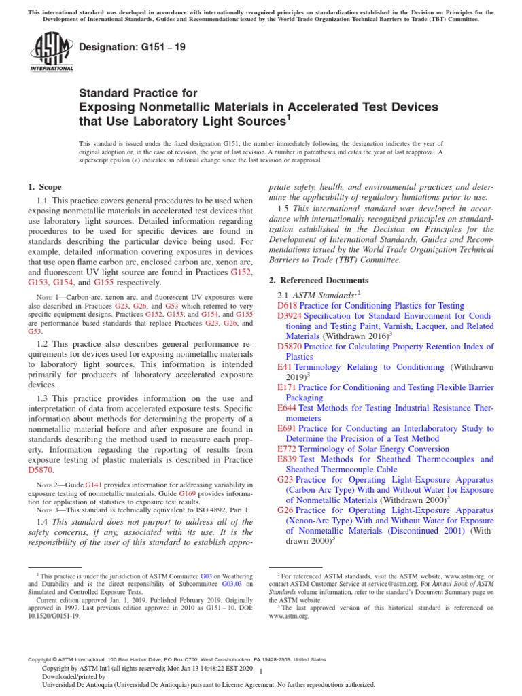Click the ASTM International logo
[52, 54]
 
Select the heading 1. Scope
[44, 187]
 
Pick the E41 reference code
[285, 367]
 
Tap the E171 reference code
[288, 387]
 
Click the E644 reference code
[288, 408]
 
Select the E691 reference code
[288, 429]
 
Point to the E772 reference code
[288, 449]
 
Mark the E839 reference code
[288, 459]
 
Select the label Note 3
[48, 510]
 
